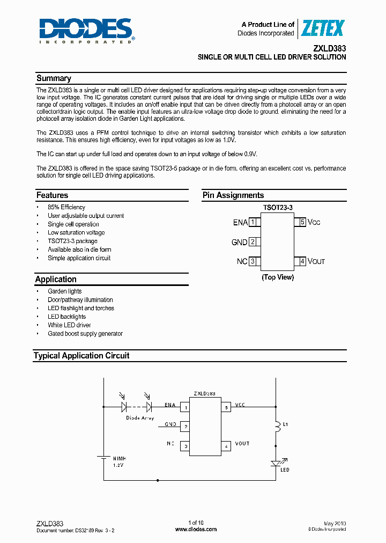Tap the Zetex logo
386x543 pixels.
click(x=322, y=28)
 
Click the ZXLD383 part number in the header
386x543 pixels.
click(x=329, y=47)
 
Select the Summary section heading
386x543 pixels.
click(x=54, y=78)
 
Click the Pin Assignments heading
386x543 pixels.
click(x=233, y=195)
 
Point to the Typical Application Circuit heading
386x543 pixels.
click(x=81, y=356)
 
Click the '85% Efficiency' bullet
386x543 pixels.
click(x=66, y=207)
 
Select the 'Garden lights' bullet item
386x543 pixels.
click(x=65, y=291)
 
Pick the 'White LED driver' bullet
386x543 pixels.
click(x=69, y=325)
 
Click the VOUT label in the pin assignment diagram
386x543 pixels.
click(x=316, y=261)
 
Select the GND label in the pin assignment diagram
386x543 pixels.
click(x=239, y=242)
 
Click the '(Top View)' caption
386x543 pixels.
click(x=278, y=277)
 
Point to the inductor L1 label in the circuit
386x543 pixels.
click(x=286, y=424)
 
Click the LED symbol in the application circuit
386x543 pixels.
click(x=276, y=463)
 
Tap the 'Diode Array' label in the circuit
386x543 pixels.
click(x=140, y=417)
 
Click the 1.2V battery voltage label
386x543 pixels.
click(x=118, y=465)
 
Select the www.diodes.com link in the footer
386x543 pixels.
click(x=196, y=529)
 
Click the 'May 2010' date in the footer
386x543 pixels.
click(x=335, y=523)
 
